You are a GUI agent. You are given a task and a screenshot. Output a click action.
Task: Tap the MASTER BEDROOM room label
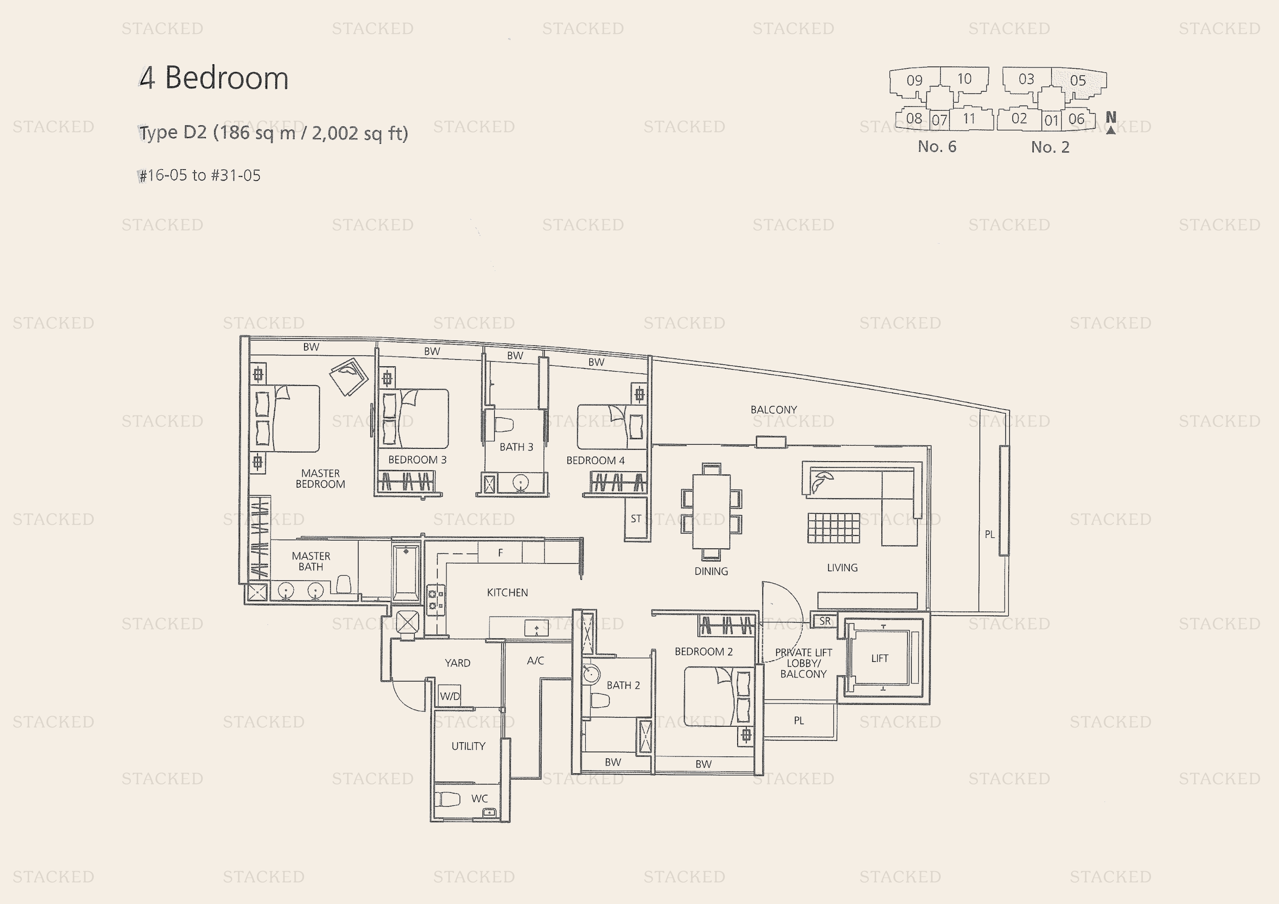pos(320,479)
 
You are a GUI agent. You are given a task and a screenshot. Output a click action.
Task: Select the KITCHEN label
pos(507,592)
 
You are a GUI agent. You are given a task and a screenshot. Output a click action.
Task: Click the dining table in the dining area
pos(711,511)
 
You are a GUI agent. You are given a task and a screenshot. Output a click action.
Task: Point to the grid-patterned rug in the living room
pos(833,527)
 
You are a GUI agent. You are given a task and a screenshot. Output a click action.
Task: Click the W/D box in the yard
pos(450,696)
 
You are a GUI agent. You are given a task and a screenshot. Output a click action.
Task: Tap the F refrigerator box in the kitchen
pos(500,553)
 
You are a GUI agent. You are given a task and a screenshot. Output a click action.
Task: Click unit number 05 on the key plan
pos(1078,80)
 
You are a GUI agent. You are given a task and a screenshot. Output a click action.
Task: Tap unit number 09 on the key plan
pos(914,80)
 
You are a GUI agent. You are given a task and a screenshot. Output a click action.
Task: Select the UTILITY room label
pos(468,746)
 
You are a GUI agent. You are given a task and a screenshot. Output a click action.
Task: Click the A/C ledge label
pos(535,661)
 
